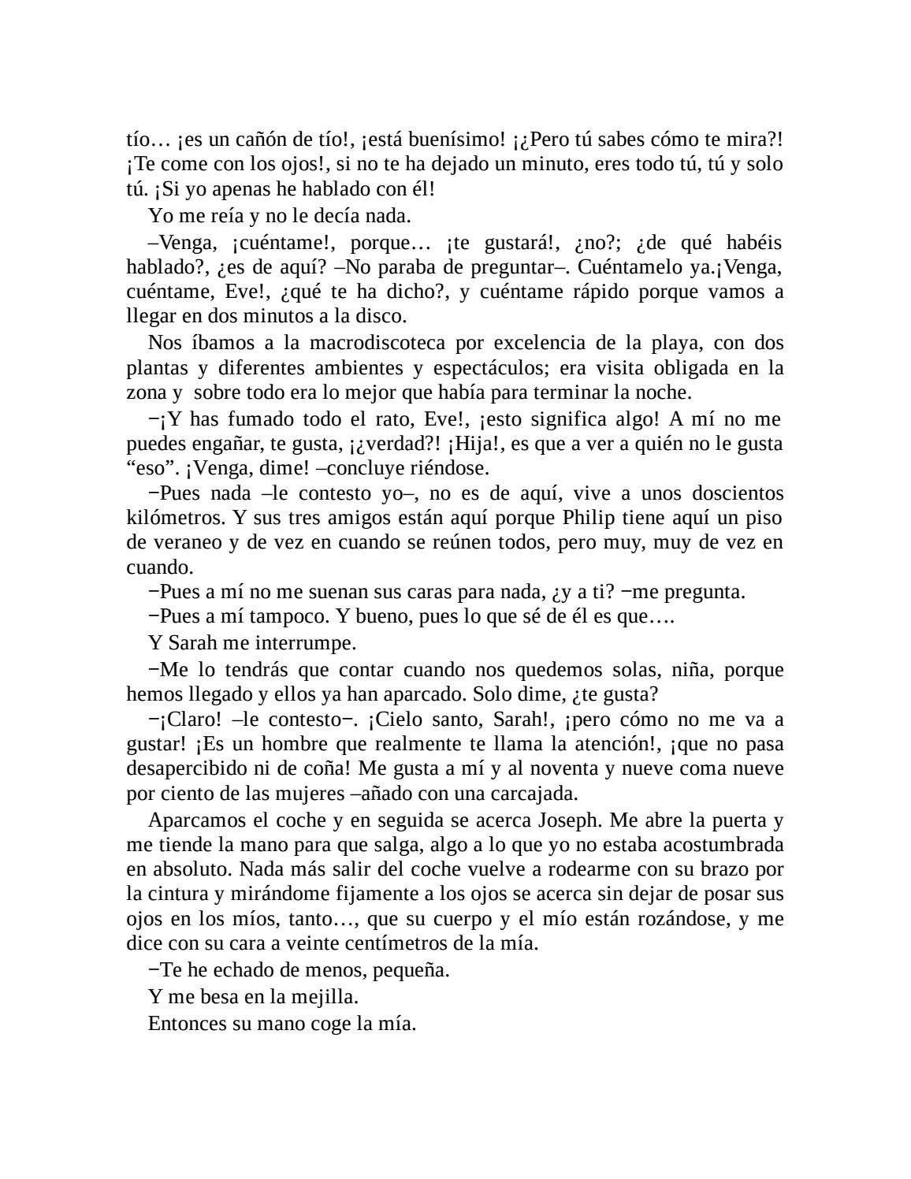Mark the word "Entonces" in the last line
(184, 1024)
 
